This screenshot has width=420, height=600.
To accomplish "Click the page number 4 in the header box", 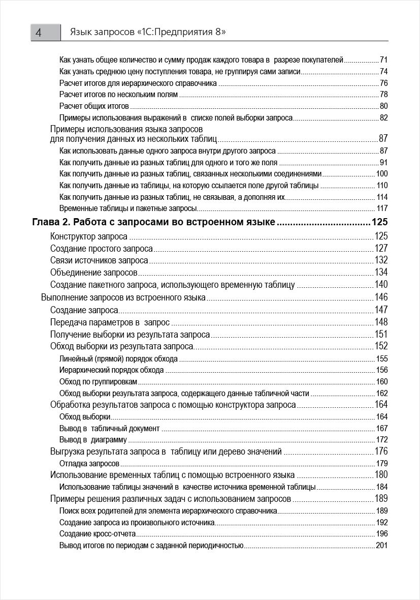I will (x=39, y=33).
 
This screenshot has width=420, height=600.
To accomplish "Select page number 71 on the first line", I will (x=383, y=59).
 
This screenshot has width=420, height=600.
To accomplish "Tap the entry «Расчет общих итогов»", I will (x=94, y=106).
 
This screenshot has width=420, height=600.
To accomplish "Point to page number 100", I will (x=382, y=174).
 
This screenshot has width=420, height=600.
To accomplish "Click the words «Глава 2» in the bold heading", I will (x=51, y=222).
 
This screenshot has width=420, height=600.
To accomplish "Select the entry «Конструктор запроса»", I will (x=89, y=236).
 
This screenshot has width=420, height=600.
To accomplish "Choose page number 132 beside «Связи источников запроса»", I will (x=381, y=260).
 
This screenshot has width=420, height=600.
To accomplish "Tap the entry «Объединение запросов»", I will (x=94, y=273).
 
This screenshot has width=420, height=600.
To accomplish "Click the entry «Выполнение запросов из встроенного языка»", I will (x=123, y=297).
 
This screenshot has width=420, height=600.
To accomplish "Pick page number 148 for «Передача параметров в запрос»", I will (x=381, y=322).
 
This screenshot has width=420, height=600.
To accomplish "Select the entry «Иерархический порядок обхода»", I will (x=111, y=370).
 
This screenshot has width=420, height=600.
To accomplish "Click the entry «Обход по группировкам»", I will (x=98, y=382).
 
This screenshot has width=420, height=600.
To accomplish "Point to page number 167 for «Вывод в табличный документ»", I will (x=382, y=429).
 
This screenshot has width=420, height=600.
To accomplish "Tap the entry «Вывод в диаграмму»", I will (x=93, y=440).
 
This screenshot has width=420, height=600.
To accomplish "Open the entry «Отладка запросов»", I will (x=89, y=464).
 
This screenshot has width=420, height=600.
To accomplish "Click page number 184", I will (x=382, y=487).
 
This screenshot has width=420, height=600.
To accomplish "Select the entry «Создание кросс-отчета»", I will (x=98, y=534).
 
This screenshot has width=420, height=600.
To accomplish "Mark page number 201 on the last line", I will (x=382, y=546).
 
